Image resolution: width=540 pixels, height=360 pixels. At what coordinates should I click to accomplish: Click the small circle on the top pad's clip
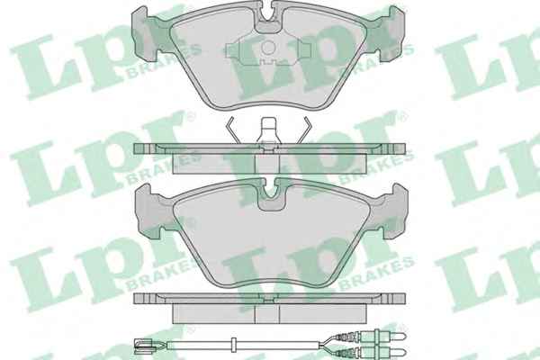[268, 48]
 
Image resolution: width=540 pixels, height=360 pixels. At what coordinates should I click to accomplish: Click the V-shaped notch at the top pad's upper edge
[270, 13]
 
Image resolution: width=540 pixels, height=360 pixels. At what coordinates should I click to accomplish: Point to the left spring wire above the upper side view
[232, 130]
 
